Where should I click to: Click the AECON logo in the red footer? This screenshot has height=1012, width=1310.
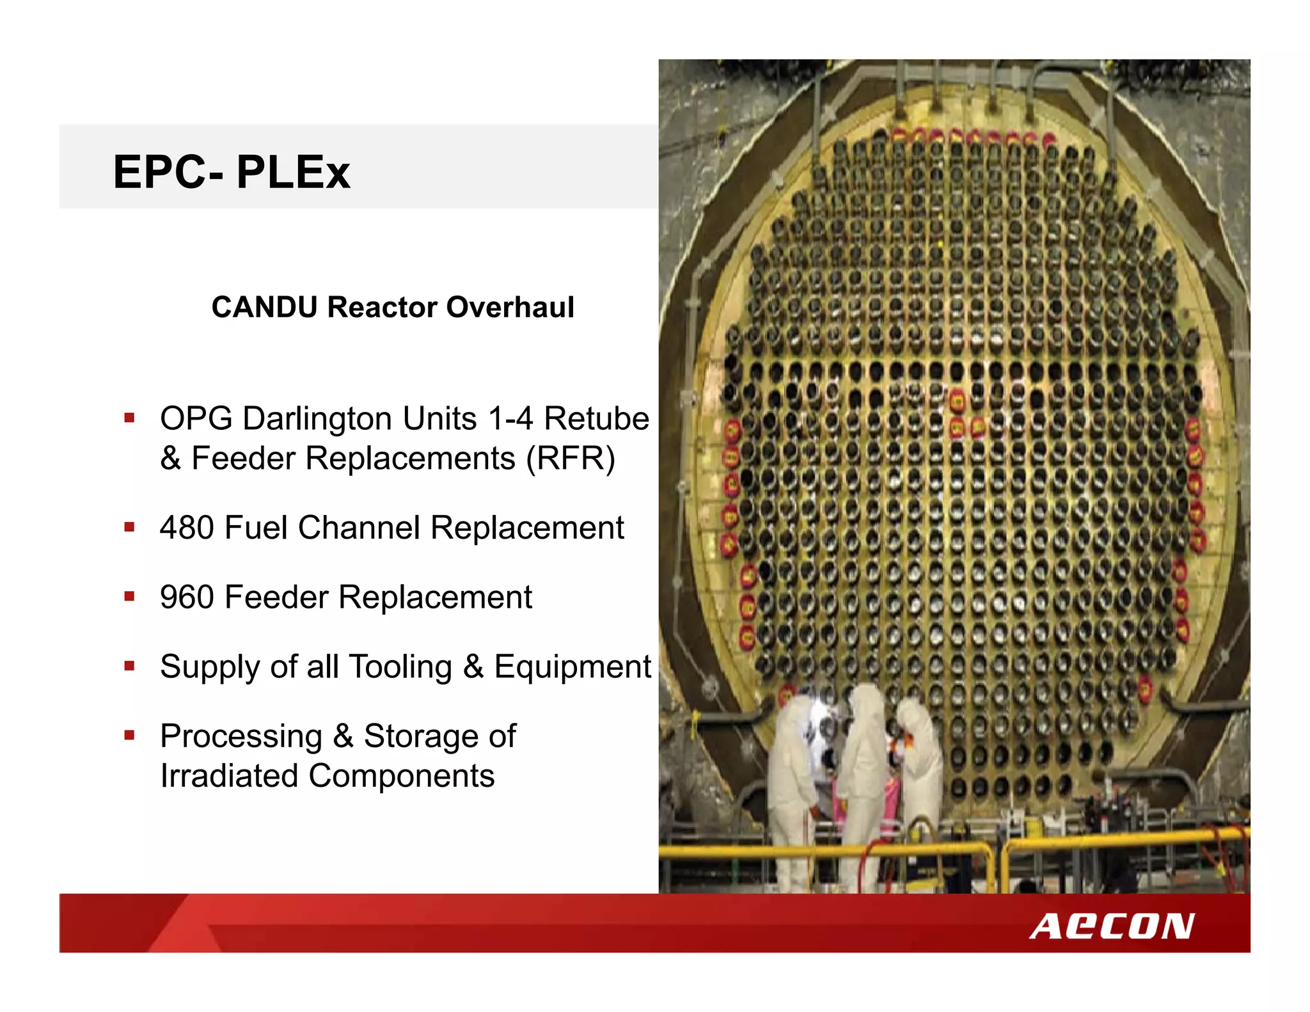1111,926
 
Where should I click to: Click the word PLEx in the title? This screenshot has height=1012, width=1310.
293,172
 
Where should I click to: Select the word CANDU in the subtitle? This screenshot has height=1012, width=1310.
264,307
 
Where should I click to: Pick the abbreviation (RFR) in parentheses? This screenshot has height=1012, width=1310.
570,459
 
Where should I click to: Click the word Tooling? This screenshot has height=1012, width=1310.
400,667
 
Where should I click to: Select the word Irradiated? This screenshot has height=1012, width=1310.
228,776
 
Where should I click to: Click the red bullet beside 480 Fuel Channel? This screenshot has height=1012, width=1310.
130,528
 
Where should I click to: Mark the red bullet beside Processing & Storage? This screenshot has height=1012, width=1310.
130,736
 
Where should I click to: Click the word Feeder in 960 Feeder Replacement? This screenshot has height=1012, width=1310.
276,597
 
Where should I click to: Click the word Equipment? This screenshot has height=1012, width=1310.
572,667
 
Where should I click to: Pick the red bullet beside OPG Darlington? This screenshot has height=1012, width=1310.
130,419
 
